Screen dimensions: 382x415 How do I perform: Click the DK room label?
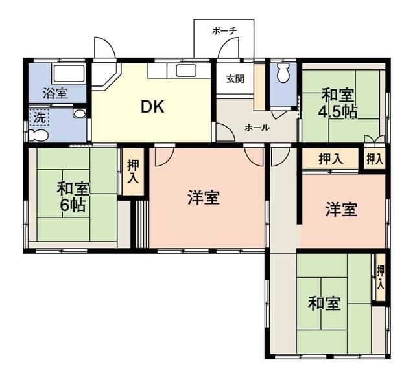[x=153, y=107]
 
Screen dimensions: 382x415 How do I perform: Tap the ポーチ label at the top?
[x=224, y=30]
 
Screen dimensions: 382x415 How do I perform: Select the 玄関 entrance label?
[x=235, y=79]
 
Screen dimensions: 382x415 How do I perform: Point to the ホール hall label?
[x=257, y=128]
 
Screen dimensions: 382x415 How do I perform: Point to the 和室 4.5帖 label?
[x=337, y=103]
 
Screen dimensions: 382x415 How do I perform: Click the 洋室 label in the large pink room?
[x=203, y=198]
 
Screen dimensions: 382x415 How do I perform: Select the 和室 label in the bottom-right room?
[x=324, y=303]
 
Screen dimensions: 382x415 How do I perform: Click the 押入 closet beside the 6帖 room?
[x=134, y=170]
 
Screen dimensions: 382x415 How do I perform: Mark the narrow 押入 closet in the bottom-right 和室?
[x=381, y=276]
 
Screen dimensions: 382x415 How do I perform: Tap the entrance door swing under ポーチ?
[x=228, y=51]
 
